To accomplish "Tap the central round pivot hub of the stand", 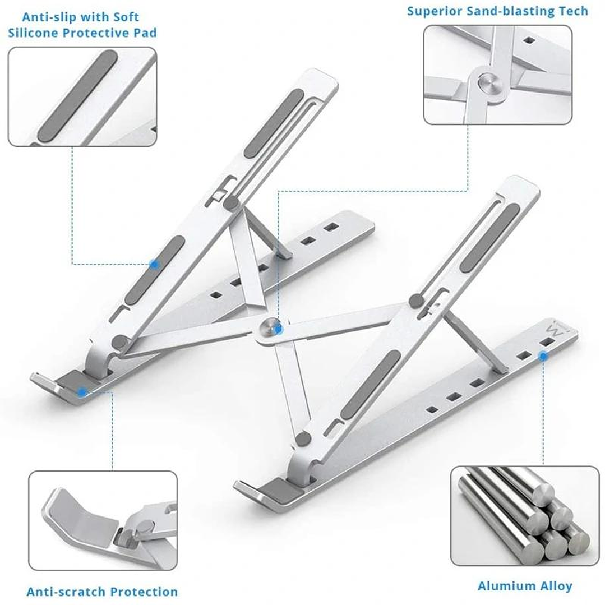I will point(271,329).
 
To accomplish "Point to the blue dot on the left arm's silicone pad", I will point(154,264).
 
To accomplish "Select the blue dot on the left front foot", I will point(82,391).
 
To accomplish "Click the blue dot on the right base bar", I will point(543,356).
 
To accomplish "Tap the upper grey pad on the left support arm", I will point(274,123).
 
